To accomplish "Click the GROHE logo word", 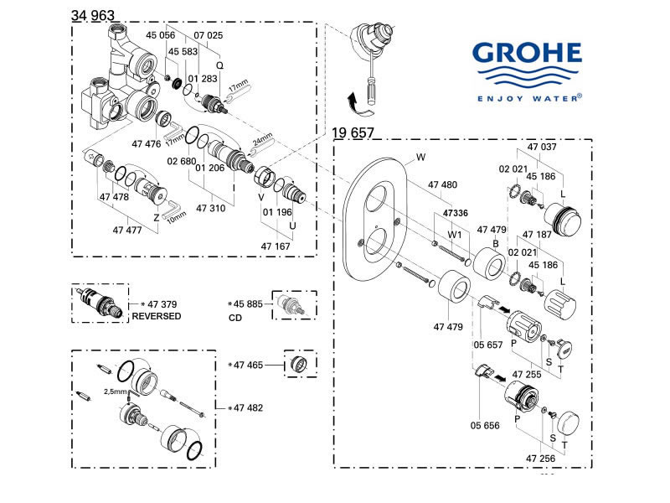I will [x=527, y=55].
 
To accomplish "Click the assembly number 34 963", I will [x=93, y=15].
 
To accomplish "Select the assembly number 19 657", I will [x=353, y=133].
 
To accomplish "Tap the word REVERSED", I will [x=157, y=316].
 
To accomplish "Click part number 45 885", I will [x=248, y=303].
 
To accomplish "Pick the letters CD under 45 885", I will [x=236, y=319].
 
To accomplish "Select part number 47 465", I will [x=249, y=365].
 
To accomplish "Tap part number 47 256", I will [x=542, y=459].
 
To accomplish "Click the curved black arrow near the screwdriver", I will [x=357, y=102].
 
